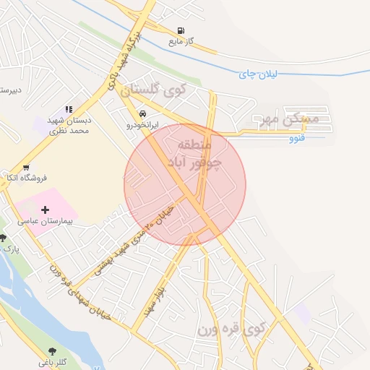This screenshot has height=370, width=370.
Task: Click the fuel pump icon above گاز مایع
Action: point(179,30)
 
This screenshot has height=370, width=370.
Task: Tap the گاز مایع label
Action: point(180,42)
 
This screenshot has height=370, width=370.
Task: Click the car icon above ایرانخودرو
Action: point(143,114)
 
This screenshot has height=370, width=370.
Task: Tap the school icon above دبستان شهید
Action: point(69,109)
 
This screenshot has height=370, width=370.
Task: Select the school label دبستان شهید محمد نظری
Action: point(69,126)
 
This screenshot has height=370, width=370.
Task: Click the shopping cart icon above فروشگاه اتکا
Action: point(26,167)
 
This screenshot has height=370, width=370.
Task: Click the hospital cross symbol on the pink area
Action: point(45,210)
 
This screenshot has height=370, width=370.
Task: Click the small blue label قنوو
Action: point(296,137)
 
